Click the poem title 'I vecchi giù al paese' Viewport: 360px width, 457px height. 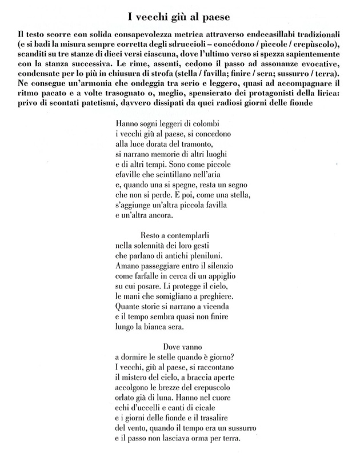point(180,13)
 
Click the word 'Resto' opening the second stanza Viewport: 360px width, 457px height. point(151,236)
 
